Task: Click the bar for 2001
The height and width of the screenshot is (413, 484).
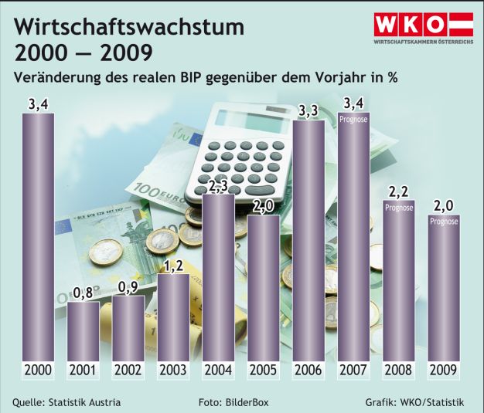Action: (83, 330)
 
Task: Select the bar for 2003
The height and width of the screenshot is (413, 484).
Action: (173, 317)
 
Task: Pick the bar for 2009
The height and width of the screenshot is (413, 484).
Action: (444, 293)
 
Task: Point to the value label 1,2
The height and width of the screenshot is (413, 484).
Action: (173, 266)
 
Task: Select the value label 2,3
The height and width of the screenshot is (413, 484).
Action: (218, 186)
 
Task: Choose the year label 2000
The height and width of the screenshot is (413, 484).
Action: (37, 370)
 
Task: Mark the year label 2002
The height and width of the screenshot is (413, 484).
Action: (128, 370)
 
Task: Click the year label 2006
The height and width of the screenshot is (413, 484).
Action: (308, 370)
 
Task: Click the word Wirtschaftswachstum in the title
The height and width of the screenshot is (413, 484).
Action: (129, 29)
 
